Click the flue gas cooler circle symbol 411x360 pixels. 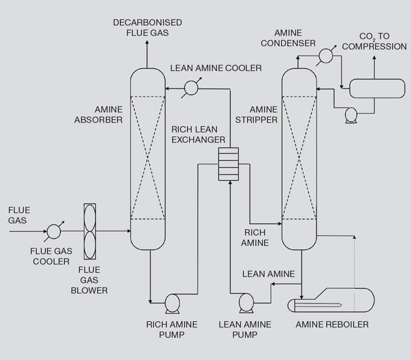coord(54,231)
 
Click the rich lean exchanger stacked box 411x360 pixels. coord(228,164)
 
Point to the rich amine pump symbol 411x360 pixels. coord(171,302)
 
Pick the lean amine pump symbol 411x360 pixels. coord(247,302)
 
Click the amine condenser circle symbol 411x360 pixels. coord(325,55)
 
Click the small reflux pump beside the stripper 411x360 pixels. coord(351,114)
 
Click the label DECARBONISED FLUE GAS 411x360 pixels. coord(147,27)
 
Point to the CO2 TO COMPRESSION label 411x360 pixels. coord(374,41)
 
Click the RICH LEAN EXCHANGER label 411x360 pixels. coord(198,134)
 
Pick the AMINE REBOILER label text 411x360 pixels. coord(332,325)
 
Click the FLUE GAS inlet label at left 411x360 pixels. coord(19,215)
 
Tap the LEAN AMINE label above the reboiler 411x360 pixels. coord(268,274)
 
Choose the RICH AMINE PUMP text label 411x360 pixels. coord(172,330)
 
